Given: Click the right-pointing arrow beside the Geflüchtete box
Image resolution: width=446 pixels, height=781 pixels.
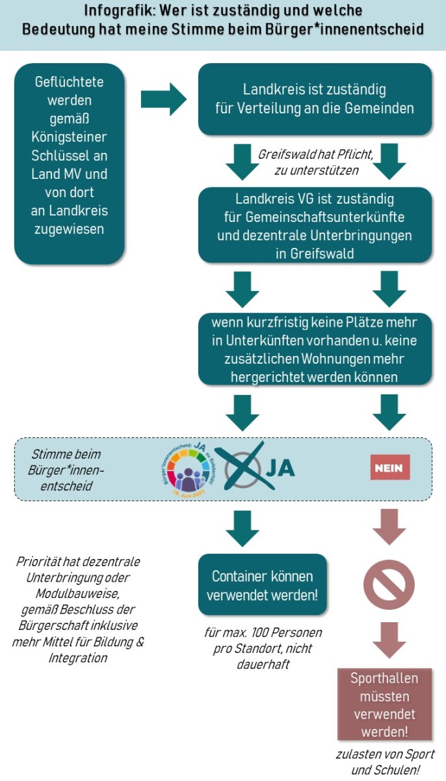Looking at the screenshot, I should pyautogui.click(x=163, y=99).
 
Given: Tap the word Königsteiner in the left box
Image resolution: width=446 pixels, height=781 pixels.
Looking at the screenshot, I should pyautogui.click(x=69, y=138).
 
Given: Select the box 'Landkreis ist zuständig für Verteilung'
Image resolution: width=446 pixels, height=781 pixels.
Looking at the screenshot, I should pyautogui.click(x=315, y=99).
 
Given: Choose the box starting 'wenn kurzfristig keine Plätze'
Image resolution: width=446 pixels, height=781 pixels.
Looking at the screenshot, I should pyautogui.click(x=315, y=349).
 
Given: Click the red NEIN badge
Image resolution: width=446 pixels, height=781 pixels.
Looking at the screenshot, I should pyautogui.click(x=390, y=467).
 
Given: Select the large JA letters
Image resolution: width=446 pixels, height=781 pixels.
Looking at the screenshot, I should pyautogui.click(x=280, y=468).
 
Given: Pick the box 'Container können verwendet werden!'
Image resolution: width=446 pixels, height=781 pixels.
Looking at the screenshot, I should pyautogui.click(x=262, y=585).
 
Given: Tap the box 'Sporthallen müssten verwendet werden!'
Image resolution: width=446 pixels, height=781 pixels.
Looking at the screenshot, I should pyautogui.click(x=384, y=705).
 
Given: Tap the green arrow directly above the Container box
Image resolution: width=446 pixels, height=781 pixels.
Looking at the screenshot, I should pyautogui.click(x=241, y=527).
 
